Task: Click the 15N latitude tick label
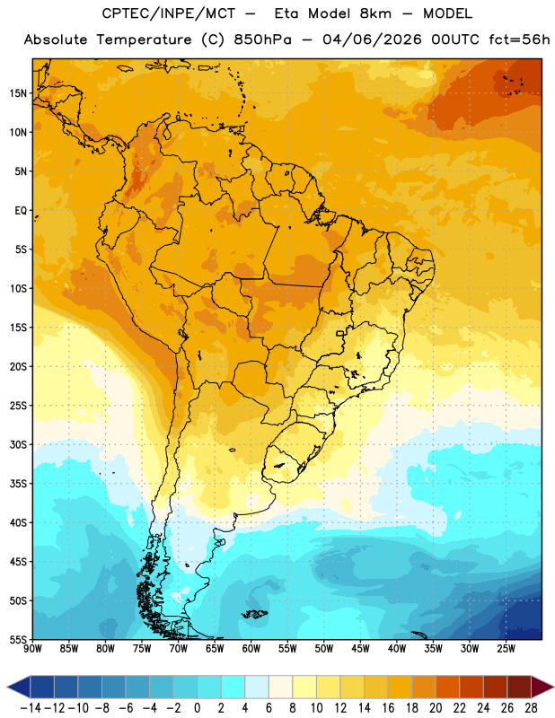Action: tap(18, 93)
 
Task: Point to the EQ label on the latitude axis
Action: tap(21, 211)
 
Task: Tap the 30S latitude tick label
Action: tap(18, 444)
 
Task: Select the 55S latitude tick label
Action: tap(18, 640)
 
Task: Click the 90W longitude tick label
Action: tap(33, 649)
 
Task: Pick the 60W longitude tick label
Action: tap(251, 649)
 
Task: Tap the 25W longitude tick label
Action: tap(506, 649)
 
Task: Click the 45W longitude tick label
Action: tap(361, 649)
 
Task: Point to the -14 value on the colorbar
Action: tap(31, 708)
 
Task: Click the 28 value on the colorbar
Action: tap(531, 708)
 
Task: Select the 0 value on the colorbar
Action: tap(198, 708)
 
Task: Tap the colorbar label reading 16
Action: tap(388, 708)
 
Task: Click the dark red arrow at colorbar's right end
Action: tap(542, 687)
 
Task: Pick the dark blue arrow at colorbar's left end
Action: tap(19, 687)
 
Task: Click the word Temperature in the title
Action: tap(144, 39)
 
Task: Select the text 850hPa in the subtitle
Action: tap(262, 39)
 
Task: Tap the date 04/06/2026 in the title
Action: tap(372, 39)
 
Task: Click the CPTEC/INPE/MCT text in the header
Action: tap(168, 13)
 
